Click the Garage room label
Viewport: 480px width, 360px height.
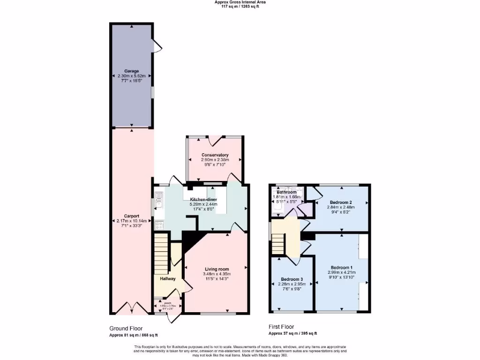click(x=131, y=71)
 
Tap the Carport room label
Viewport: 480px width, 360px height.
click(x=131, y=217)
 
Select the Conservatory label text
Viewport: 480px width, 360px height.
click(x=215, y=155)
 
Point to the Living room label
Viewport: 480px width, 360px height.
click(x=217, y=269)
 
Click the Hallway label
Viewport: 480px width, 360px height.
click(x=167, y=278)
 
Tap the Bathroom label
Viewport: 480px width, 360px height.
click(x=286, y=192)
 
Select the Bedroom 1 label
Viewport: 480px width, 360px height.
click(x=342, y=267)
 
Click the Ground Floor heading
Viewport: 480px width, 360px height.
click(x=126, y=329)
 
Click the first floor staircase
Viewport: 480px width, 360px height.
click(x=278, y=244)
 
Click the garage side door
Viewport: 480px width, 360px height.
click(x=157, y=46)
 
